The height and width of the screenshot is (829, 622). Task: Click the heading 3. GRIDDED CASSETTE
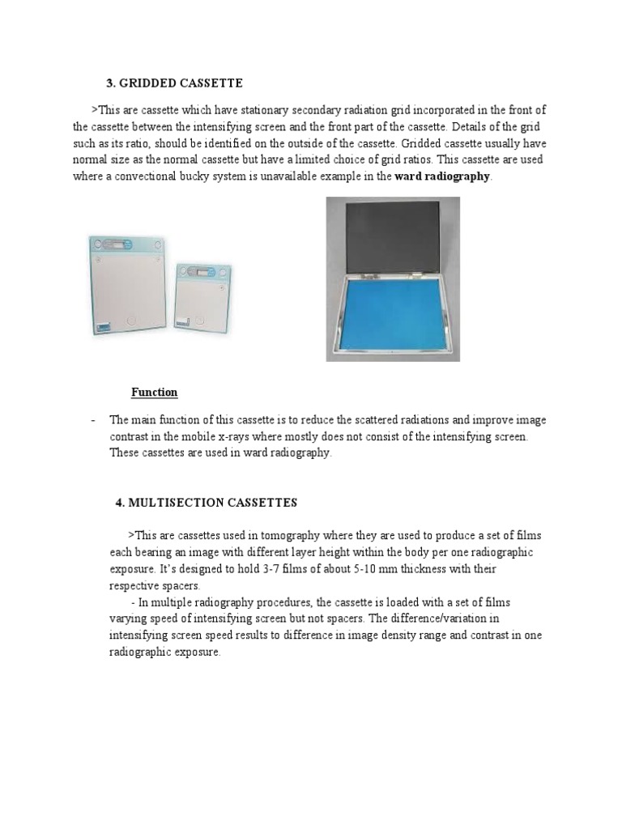click(175, 83)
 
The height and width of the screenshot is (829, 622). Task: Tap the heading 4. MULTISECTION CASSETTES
click(207, 503)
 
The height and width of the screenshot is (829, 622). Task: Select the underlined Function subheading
click(155, 393)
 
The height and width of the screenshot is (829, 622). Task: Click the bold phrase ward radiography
click(442, 176)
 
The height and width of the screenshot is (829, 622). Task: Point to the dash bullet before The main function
click(95, 420)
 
